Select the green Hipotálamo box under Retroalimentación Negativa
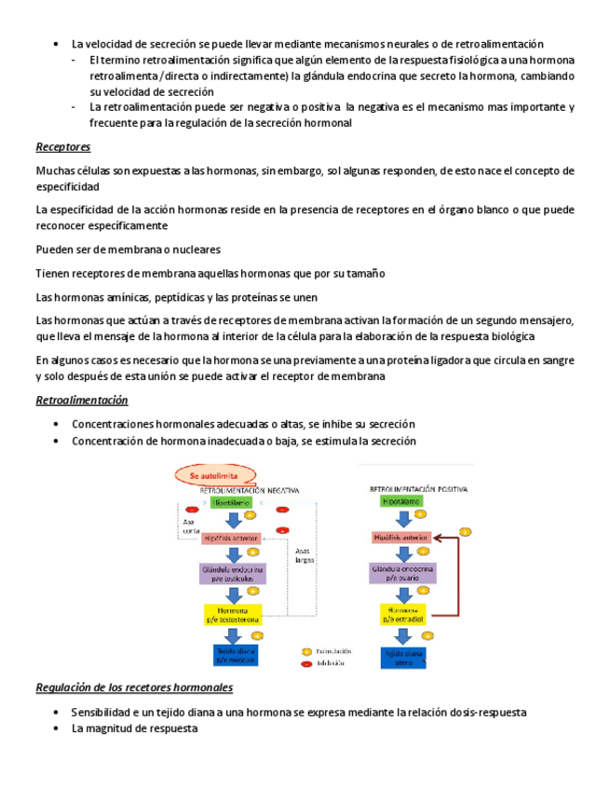[x=230, y=502]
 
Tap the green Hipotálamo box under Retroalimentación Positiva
[x=401, y=501]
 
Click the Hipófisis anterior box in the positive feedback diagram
[x=400, y=538]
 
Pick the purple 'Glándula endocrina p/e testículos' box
[x=232, y=574]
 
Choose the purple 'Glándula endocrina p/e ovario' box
[x=400, y=573]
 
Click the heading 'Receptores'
[x=62, y=147]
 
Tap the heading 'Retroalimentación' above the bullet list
[x=81, y=400]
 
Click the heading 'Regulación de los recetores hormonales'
[x=133, y=688]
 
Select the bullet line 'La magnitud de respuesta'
[x=134, y=729]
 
